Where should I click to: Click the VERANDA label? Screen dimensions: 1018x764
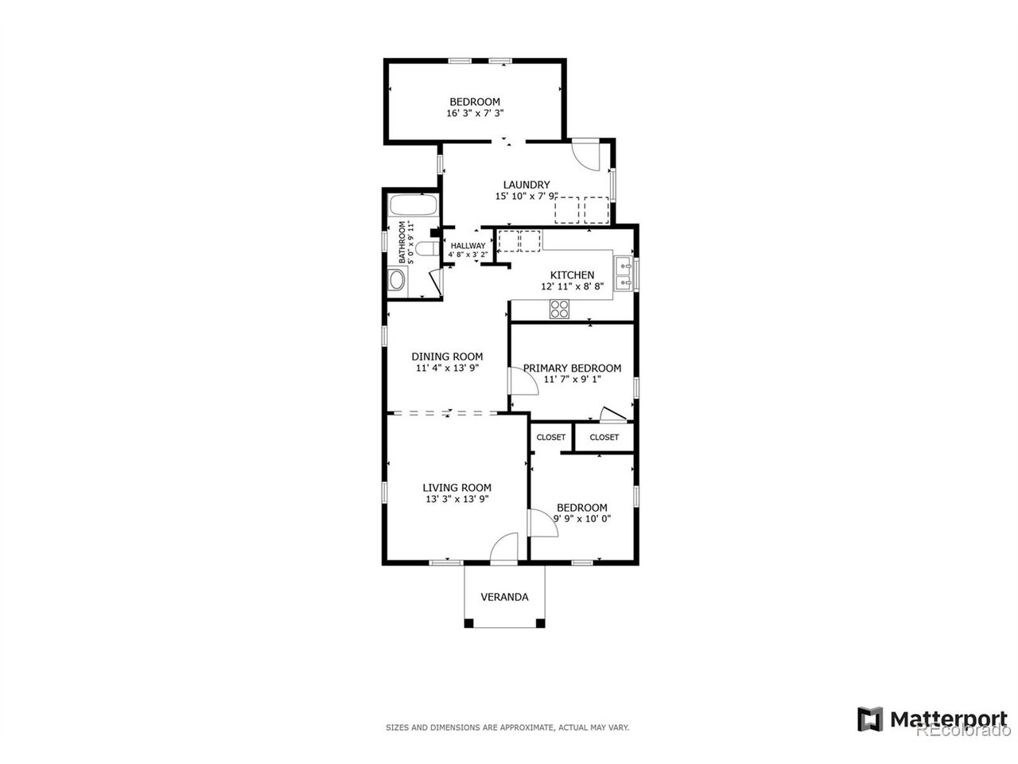click(x=504, y=597)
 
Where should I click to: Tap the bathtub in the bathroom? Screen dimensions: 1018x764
click(x=413, y=205)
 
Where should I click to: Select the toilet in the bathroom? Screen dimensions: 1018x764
click(x=427, y=248)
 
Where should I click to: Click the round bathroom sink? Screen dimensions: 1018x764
click(x=397, y=280)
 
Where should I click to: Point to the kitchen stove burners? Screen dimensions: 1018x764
click(x=559, y=309)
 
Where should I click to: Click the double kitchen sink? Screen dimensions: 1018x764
click(x=624, y=274)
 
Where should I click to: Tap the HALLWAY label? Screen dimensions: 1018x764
click(x=468, y=245)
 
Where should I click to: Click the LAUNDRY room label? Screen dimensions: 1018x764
click(x=526, y=185)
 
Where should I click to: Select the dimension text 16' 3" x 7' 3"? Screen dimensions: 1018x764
click(x=475, y=113)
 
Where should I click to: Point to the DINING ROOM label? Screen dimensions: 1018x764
click(x=447, y=357)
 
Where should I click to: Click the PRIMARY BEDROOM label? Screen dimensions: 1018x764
click(x=572, y=368)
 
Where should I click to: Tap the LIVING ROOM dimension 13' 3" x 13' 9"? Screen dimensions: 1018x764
click(x=457, y=499)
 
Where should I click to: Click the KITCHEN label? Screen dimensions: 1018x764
click(x=572, y=275)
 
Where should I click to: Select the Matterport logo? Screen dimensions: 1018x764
click(x=932, y=719)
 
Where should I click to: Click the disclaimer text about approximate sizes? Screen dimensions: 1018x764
click(x=507, y=727)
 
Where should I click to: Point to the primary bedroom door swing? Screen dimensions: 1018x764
click(x=523, y=381)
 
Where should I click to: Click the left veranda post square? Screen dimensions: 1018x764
click(x=469, y=623)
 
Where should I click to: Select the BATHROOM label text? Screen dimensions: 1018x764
click(x=402, y=243)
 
